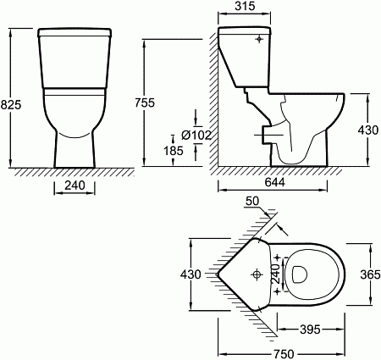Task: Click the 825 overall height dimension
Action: pos(11,105)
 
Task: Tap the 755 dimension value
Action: pos(145,102)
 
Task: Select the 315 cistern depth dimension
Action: pos(245,6)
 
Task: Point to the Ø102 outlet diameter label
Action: pos(196,136)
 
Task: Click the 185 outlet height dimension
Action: pos(174,151)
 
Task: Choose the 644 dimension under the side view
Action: pos(275,182)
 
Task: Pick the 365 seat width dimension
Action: pos(370,274)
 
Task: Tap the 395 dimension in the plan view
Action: pos(310,330)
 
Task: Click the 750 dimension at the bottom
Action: pos(284,354)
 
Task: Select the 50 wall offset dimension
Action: pos(252,202)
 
